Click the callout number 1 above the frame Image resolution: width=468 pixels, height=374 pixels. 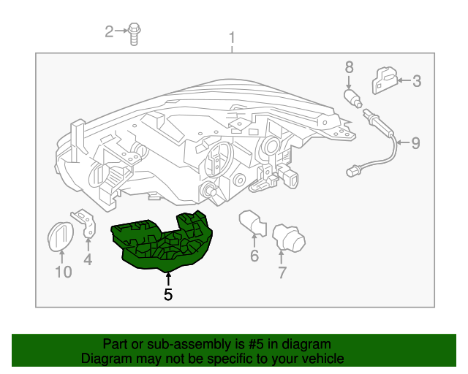[232, 37]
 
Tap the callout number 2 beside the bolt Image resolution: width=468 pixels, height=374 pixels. [110, 31]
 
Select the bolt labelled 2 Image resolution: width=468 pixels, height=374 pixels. [135, 32]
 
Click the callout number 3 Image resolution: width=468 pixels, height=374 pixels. [417, 81]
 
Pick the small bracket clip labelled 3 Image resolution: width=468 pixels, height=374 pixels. [385, 79]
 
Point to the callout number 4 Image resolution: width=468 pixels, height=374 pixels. [88, 259]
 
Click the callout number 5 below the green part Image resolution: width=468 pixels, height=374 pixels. [168, 295]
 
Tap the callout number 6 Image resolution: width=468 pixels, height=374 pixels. [254, 256]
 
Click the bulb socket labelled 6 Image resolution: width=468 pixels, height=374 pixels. [251, 221]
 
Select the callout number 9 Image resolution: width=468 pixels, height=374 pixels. [415, 143]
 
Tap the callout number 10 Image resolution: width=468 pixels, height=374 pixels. [63, 272]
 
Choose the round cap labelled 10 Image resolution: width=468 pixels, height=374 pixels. [59, 235]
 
